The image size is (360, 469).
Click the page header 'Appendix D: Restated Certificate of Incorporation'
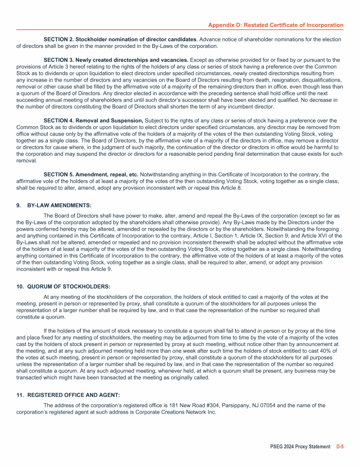coord(276,25)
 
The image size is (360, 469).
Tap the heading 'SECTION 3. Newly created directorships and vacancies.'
coord(116,61)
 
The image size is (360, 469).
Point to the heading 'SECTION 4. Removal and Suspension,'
coord(93,121)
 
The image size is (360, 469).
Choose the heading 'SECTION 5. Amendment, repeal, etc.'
coord(90,174)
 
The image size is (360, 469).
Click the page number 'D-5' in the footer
coord(340,446)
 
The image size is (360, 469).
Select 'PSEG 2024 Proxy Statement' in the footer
coord(300,446)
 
